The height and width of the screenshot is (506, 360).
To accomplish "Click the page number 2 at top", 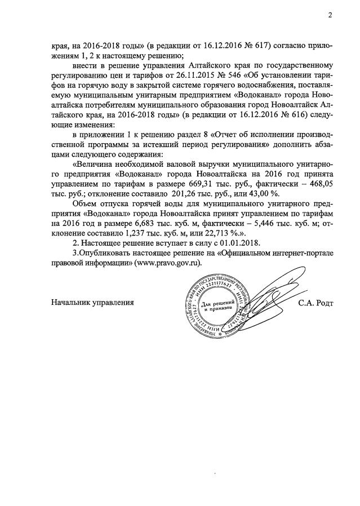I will click(330, 15).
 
